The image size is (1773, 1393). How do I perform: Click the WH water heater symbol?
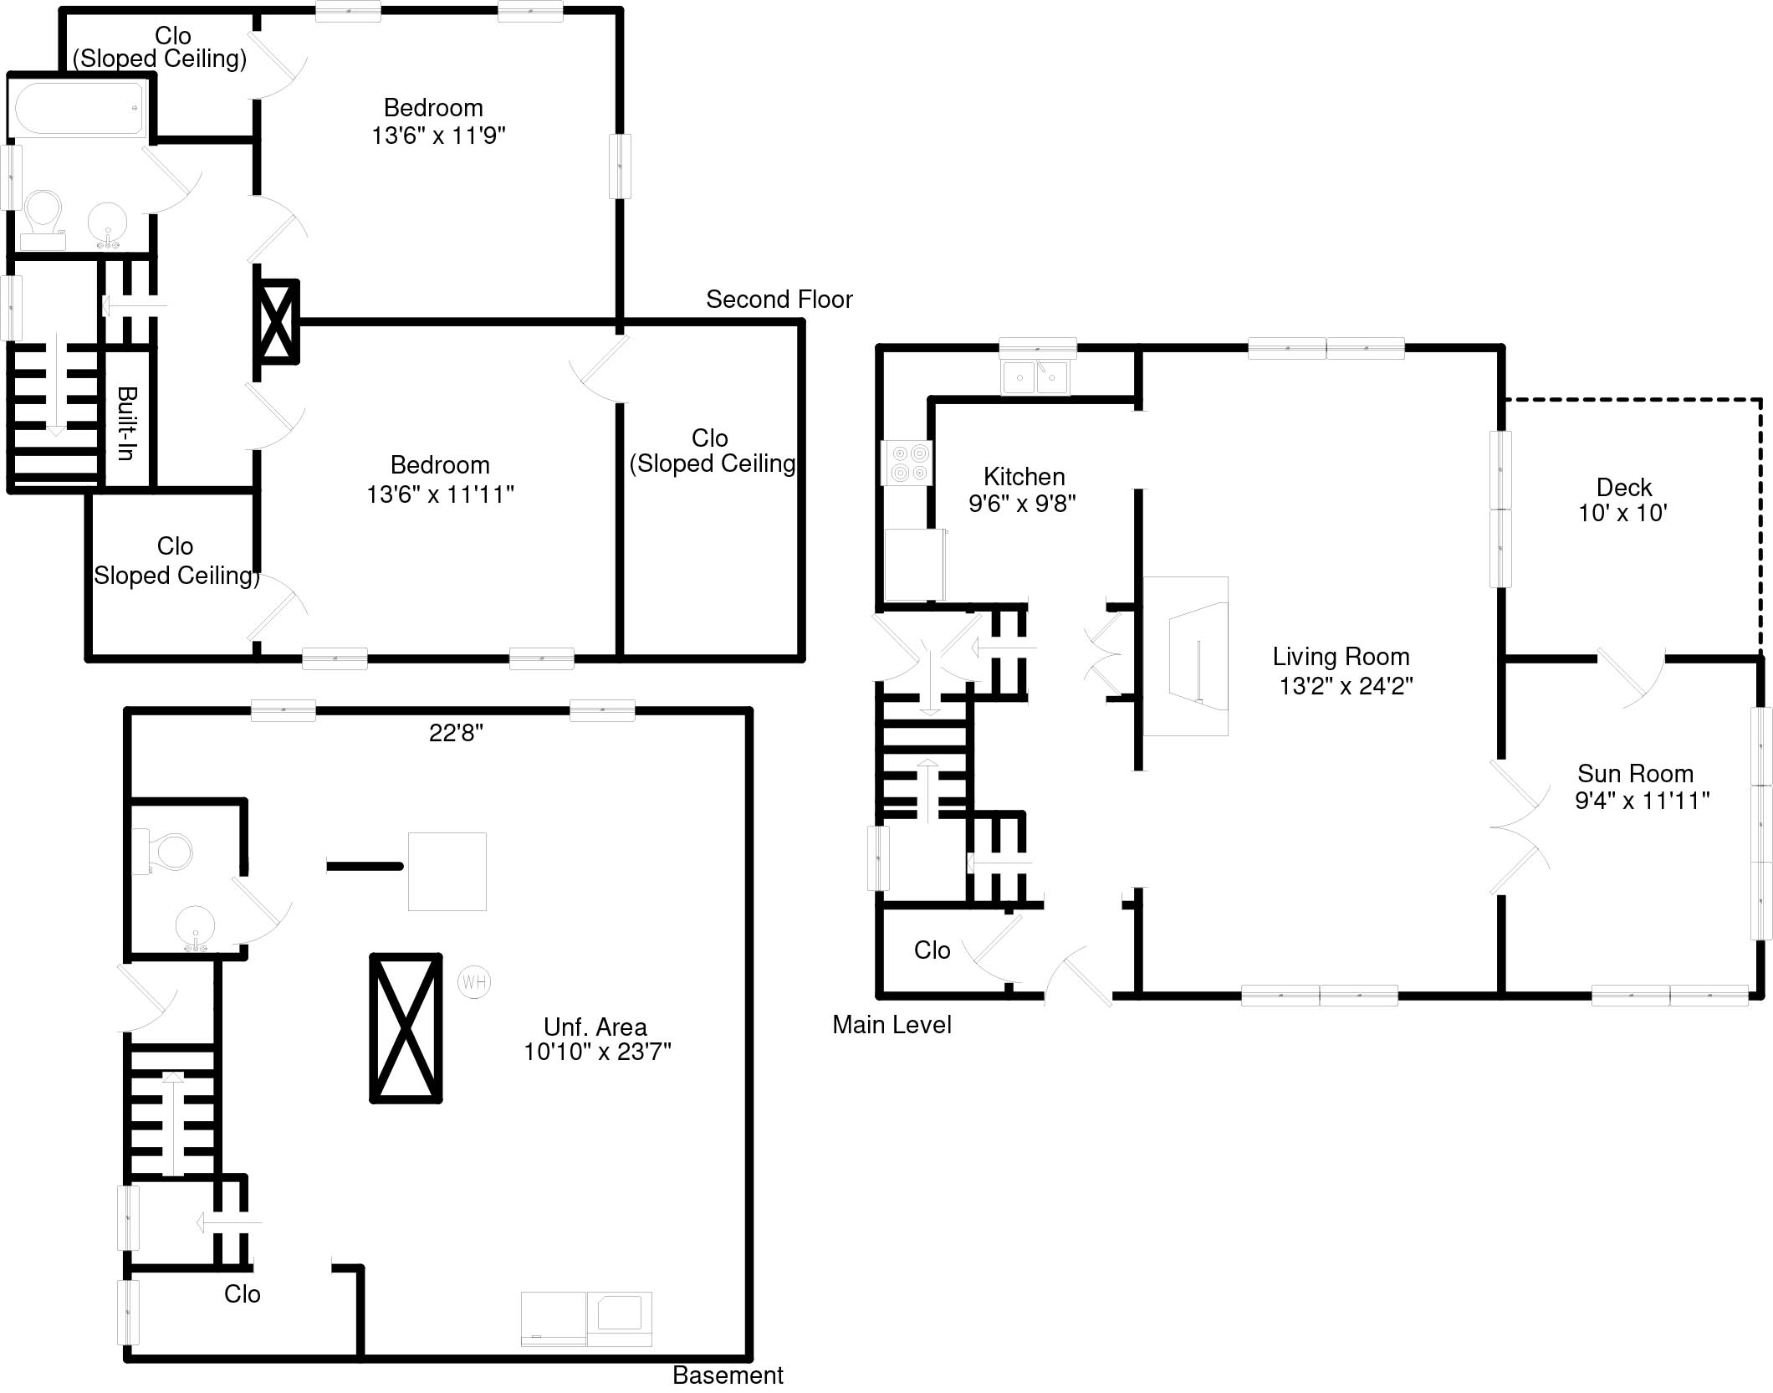474,981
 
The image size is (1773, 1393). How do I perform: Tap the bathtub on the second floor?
79,109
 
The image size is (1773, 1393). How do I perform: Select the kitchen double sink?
1035,377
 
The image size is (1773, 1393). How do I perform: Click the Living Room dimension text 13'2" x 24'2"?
1346,686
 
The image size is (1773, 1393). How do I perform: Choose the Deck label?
1623,487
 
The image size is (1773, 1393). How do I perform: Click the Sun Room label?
1635,773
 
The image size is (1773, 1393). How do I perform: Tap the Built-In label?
127,423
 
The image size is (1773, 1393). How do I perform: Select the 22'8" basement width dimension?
456,733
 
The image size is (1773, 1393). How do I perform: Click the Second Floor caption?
779,300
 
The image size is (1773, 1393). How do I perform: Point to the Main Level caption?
892,1025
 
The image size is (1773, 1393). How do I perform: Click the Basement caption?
728,1375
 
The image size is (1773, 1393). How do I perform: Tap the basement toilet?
167,852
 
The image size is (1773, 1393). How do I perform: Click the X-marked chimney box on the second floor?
277,321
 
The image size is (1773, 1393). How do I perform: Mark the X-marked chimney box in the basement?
406,1028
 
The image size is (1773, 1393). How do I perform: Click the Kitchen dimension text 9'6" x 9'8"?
1022,504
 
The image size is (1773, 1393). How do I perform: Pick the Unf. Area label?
595,1027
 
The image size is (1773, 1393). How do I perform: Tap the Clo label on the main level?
932,950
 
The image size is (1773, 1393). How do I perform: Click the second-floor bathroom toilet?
43,217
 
